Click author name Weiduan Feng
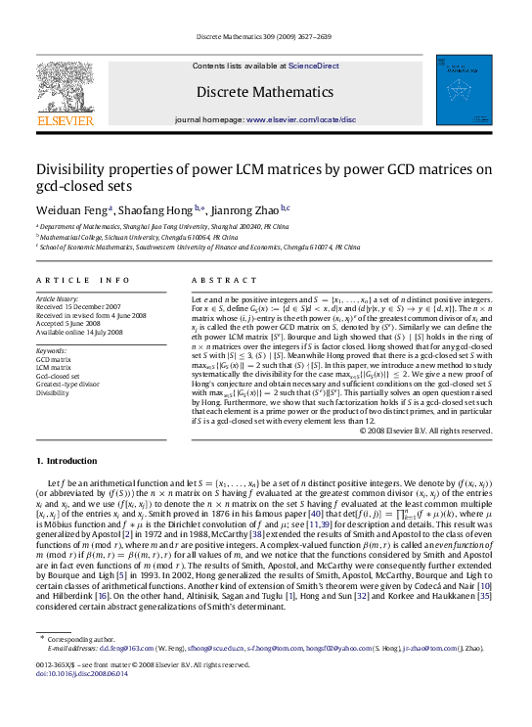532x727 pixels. [73, 208]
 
